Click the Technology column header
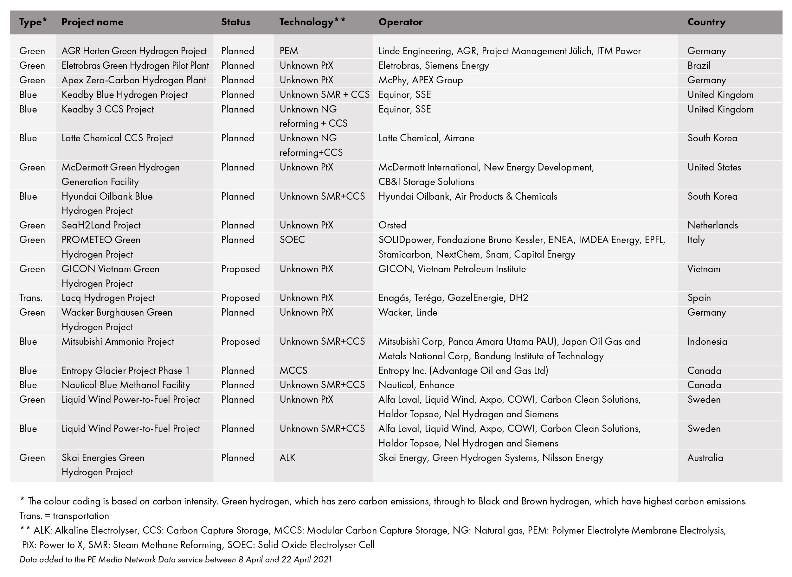tap(312, 22)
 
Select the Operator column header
tap(400, 22)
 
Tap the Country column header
tap(706, 22)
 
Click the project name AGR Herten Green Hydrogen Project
tap(134, 51)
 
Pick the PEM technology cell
tap(289, 51)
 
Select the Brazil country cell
tap(699, 66)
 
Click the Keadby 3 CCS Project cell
tap(108, 109)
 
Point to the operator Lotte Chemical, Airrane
tap(426, 138)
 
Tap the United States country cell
tap(714, 167)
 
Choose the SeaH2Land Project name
tap(101, 225)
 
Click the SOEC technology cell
tap(292, 240)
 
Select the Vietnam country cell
tap(704, 269)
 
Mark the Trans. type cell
tap(31, 298)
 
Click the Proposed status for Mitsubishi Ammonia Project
tap(240, 342)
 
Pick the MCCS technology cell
tap(293, 371)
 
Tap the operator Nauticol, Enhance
tap(416, 385)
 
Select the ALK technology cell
tap(287, 458)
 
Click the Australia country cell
tap(705, 458)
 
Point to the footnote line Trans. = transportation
tap(64, 516)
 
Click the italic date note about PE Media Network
tap(175, 560)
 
